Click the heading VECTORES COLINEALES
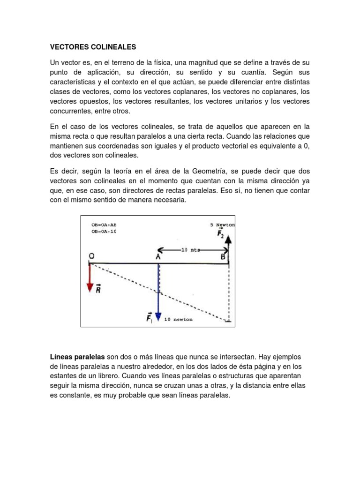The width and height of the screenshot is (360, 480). (93, 47)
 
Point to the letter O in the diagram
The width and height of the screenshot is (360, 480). (91, 256)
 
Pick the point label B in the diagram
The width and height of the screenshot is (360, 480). (223, 257)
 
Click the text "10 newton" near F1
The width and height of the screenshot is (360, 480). (178, 319)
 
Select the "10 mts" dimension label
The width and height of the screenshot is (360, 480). (189, 250)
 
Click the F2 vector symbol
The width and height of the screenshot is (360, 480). (221, 234)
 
